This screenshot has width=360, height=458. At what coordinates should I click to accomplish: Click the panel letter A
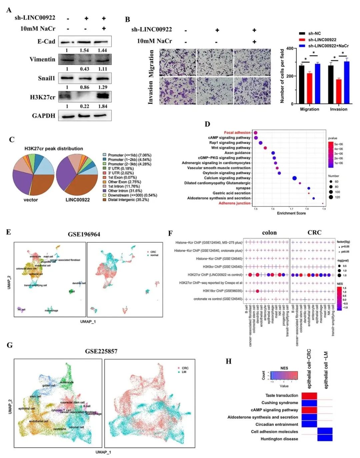9,10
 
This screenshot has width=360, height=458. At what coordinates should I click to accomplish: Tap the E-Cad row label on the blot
46,42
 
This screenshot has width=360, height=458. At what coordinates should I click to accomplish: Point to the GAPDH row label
43,116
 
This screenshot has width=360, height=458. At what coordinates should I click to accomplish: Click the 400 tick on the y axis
290,49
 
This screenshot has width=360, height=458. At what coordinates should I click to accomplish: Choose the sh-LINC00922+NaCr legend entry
328,46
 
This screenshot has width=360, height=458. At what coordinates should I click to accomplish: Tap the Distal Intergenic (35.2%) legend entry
128,200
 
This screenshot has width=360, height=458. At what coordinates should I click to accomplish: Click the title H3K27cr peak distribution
54,149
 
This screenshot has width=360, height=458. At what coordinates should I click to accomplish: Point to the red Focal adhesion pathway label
237,133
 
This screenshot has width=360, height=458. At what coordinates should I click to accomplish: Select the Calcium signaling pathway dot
294,178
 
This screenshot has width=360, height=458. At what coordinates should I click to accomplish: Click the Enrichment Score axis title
291,213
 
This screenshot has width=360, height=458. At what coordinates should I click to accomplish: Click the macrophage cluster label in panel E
51,310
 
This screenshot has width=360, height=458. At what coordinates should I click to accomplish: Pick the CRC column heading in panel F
314,232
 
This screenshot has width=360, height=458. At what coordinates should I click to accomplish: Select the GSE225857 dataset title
101,351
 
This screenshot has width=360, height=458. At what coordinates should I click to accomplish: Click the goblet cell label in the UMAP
49,385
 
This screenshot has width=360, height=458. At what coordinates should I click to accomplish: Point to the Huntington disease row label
279,439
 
